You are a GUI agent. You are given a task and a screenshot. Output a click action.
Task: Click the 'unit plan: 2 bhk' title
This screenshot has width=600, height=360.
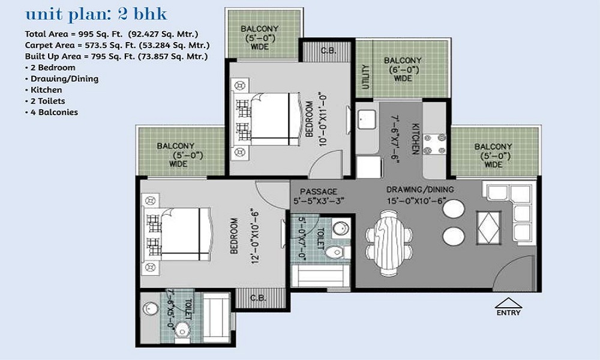click(96, 14)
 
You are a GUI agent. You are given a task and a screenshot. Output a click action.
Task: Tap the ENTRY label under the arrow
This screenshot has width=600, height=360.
click(508, 313)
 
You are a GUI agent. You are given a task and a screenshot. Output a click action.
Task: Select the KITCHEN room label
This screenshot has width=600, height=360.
click(415, 139)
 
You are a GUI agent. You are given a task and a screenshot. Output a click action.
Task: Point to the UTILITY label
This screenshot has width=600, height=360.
click(365, 77)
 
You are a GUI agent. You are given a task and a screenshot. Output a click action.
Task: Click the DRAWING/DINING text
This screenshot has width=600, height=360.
click(419, 190)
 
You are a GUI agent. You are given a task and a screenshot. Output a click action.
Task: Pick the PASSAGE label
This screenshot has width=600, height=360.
click(319, 191)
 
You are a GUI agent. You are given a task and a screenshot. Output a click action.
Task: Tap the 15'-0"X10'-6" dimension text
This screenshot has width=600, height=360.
click(419, 201)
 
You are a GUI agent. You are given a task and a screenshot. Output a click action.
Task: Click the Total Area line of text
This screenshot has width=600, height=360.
click(112, 34)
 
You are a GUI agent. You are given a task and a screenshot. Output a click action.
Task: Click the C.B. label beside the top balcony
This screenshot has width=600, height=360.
click(328, 50)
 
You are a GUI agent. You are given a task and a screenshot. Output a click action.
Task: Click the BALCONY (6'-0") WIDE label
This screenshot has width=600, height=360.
click(403, 69)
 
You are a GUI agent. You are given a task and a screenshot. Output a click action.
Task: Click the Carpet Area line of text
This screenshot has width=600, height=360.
click(117, 46)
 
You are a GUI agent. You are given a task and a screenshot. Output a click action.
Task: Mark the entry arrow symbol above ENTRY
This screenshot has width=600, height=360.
click(508, 302)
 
